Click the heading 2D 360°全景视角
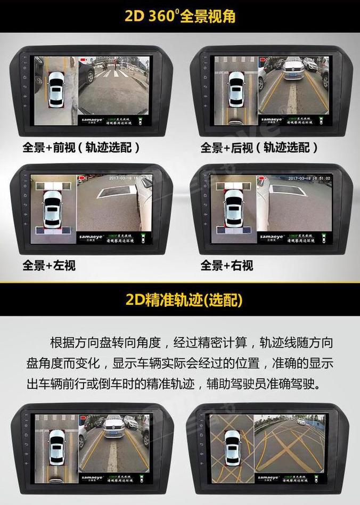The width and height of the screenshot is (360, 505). click(x=180, y=15)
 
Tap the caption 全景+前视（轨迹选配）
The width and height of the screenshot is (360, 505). click(x=81, y=147)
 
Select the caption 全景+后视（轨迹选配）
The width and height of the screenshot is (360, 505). click(x=259, y=147)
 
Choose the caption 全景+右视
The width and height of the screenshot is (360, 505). click(x=227, y=265)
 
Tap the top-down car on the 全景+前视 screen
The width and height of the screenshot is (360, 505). click(x=56, y=88)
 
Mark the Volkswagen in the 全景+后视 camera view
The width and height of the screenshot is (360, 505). click(x=293, y=70)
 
